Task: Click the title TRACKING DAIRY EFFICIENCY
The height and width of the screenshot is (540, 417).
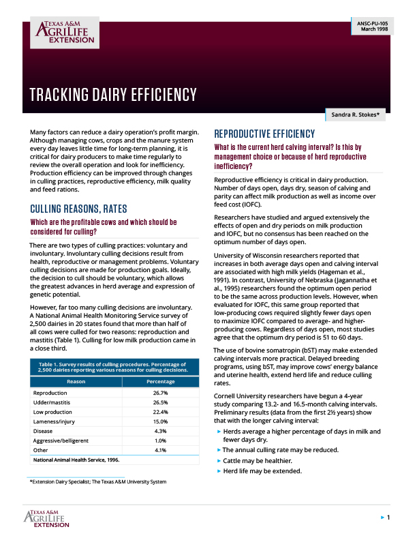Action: [x=113, y=95]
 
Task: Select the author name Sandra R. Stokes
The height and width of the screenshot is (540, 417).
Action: [x=356, y=115]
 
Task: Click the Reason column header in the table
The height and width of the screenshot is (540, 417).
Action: [x=76, y=381]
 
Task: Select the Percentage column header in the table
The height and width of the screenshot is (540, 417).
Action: [x=161, y=381]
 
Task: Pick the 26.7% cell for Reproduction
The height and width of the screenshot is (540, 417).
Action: [x=161, y=393]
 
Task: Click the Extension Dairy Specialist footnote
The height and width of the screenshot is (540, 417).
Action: [x=98, y=482]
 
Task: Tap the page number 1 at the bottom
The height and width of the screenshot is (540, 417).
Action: [x=388, y=519]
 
